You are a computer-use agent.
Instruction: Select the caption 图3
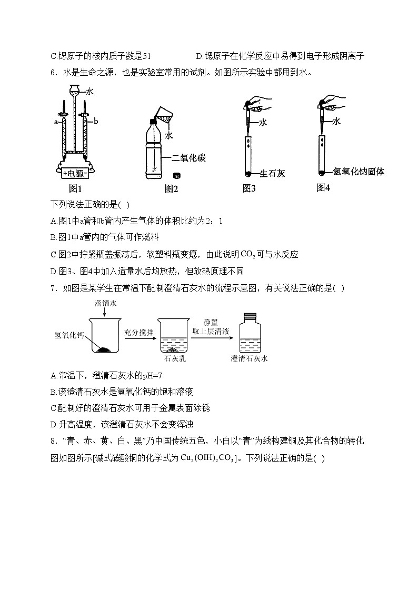tap(249, 188)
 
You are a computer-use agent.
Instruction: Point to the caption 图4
tap(323, 187)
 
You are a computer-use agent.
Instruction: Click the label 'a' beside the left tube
tap(55, 122)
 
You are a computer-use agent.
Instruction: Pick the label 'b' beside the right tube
tap(96, 122)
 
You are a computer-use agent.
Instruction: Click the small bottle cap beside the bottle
tap(177, 175)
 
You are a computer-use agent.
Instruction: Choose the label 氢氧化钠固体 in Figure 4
tap(359, 171)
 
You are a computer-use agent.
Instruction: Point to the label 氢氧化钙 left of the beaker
tap(69, 335)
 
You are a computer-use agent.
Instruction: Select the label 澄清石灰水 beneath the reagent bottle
tap(249, 359)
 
